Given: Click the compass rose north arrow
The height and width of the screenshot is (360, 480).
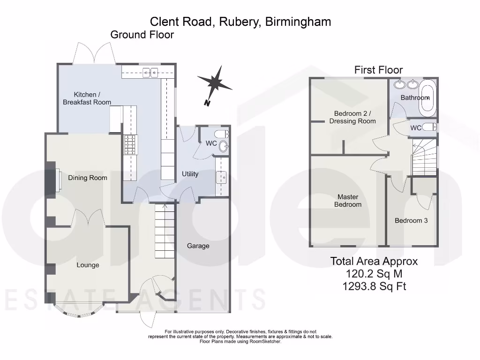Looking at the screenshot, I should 215,82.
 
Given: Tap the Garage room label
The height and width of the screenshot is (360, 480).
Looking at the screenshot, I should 198,246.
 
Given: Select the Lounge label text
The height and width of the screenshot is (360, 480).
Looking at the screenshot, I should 88,265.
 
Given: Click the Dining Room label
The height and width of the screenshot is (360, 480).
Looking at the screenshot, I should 88,178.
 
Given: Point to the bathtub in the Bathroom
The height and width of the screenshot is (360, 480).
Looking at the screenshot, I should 427,98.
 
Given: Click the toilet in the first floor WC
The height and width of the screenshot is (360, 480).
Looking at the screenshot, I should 429,127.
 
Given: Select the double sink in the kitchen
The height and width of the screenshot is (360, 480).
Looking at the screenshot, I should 150,72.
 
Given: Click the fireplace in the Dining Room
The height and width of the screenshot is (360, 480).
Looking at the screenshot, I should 57,180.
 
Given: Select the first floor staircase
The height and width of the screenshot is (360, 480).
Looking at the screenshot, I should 424,157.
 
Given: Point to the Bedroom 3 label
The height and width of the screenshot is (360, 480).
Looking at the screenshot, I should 411,220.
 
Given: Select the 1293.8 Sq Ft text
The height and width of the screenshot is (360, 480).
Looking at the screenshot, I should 374,286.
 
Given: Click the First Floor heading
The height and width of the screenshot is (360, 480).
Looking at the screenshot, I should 378,70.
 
